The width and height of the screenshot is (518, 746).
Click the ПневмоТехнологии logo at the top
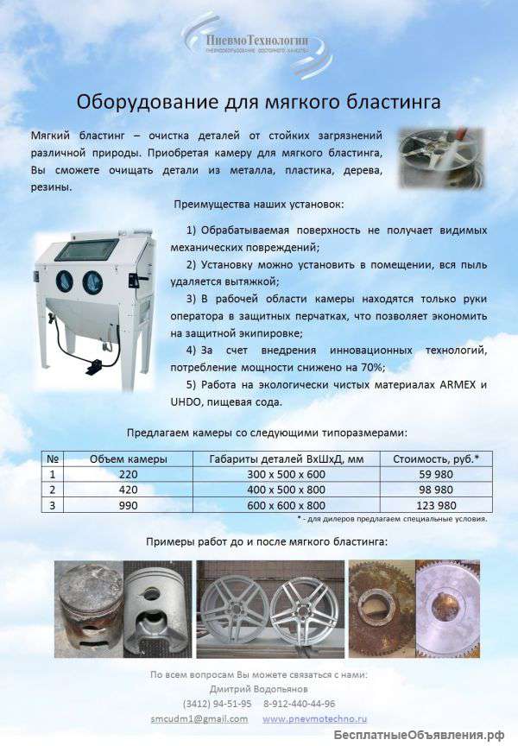(257, 41)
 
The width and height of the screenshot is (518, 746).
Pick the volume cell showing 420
(129, 490)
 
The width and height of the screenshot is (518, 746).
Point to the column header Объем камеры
(129, 458)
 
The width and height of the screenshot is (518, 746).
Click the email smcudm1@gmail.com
(199, 718)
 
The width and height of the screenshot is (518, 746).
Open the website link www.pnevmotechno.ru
(314, 718)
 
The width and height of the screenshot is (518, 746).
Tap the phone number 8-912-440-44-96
(300, 704)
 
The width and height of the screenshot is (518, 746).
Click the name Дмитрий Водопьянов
(259, 689)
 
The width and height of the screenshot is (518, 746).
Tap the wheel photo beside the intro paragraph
(439, 158)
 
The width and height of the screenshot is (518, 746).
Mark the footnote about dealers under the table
(393, 520)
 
